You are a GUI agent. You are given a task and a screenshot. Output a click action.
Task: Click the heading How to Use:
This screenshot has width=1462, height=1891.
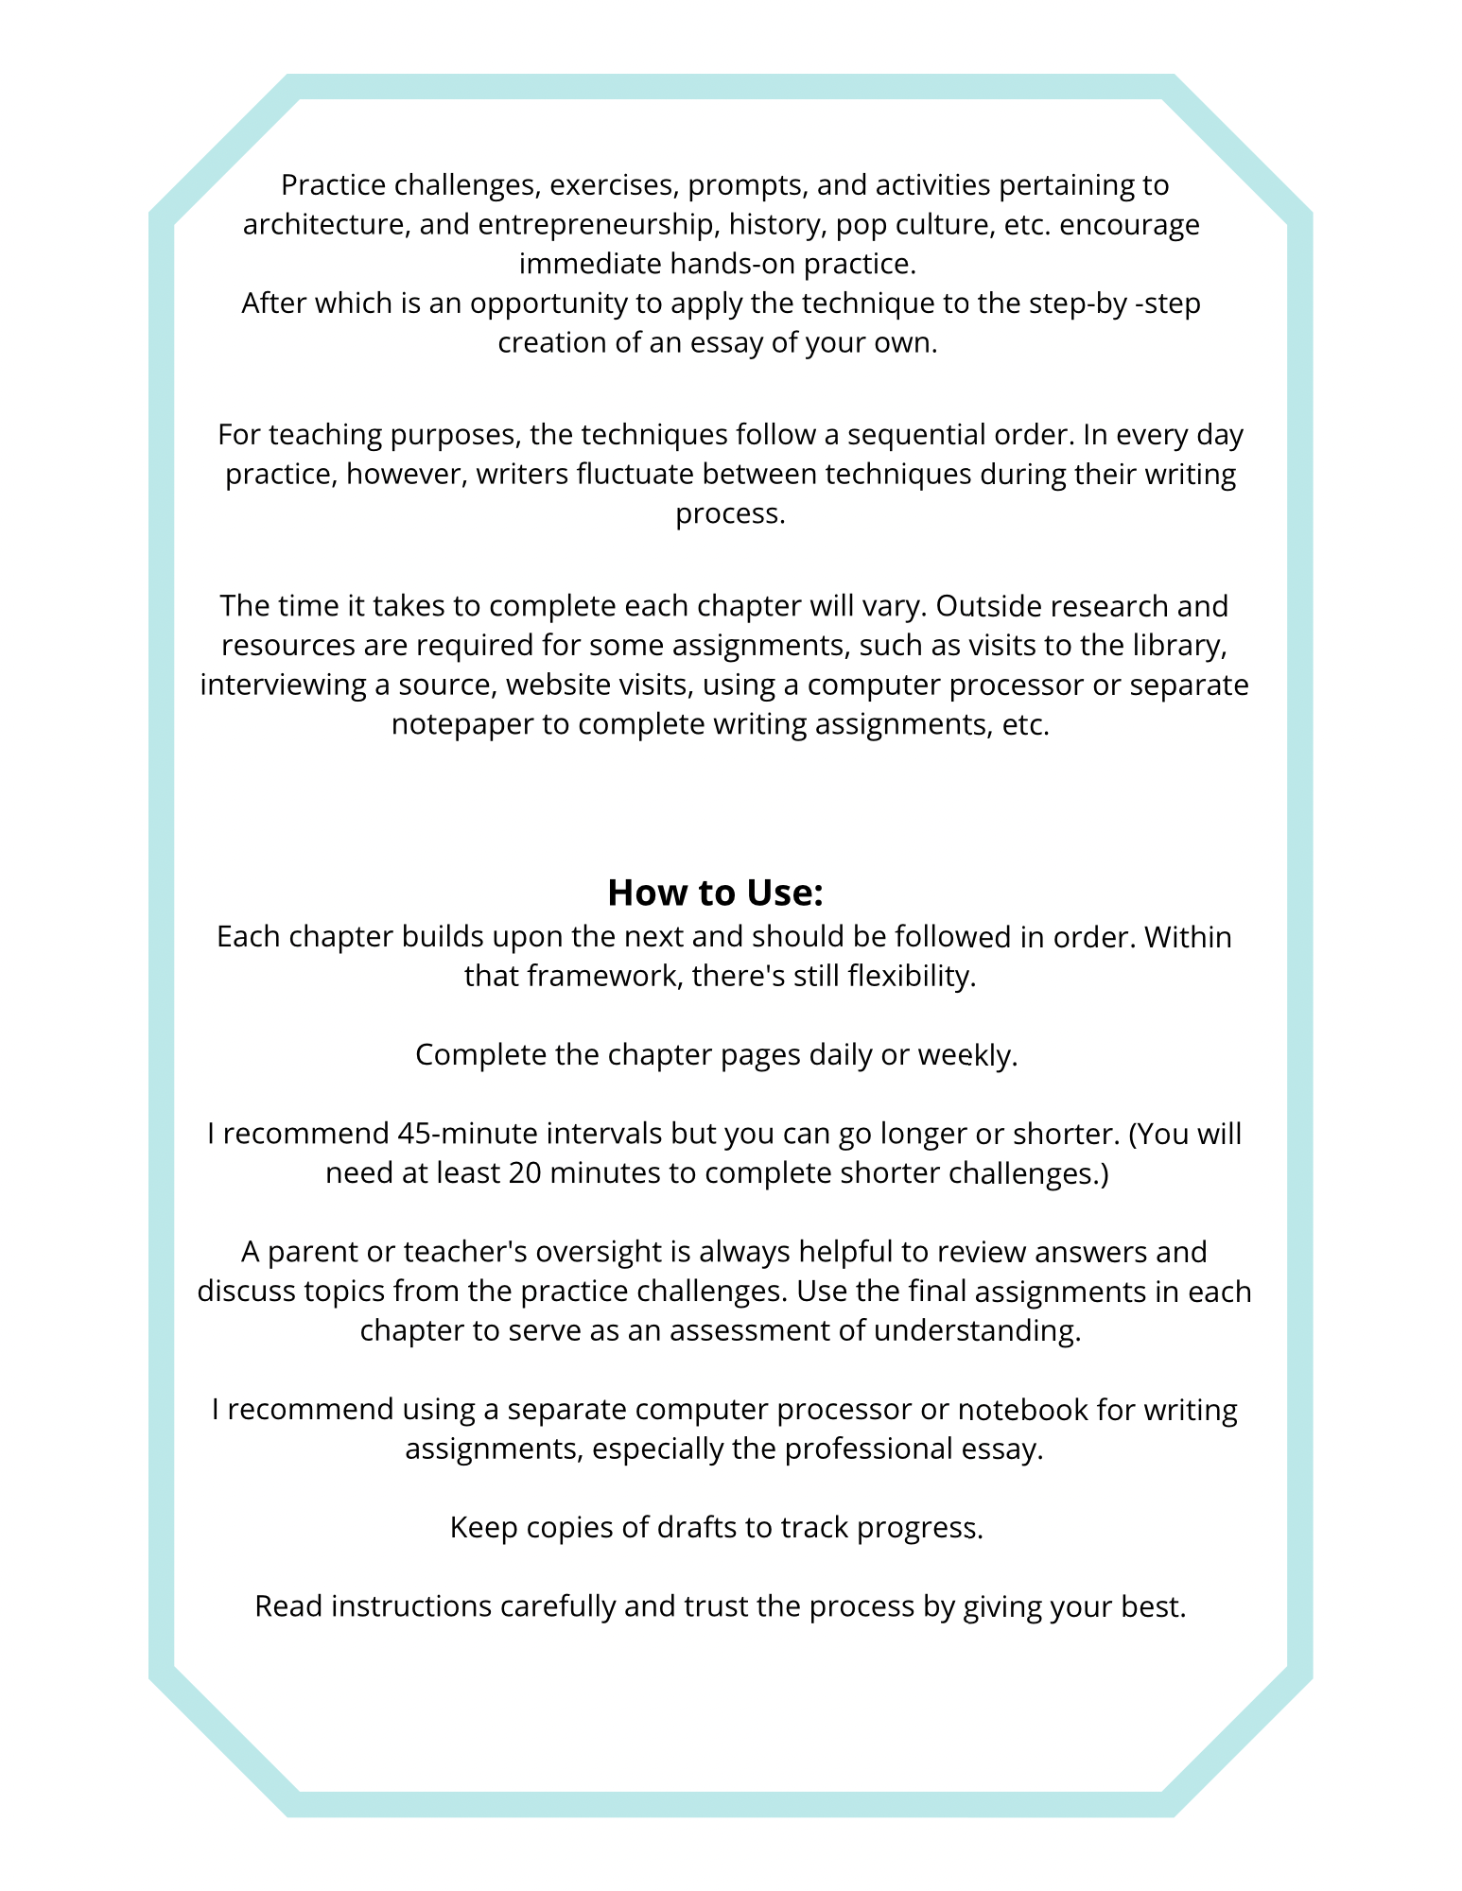click(715, 892)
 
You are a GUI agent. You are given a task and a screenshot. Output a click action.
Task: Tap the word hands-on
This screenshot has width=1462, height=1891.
click(731, 264)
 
